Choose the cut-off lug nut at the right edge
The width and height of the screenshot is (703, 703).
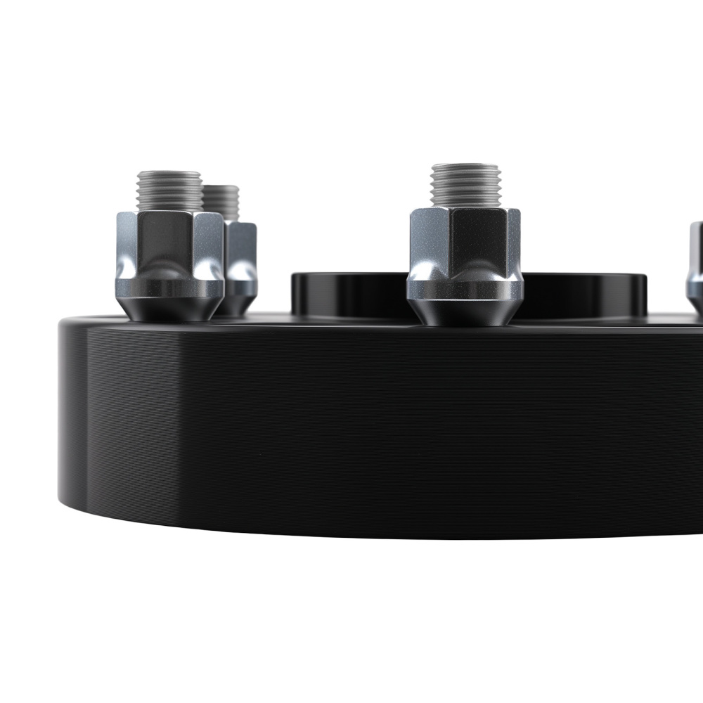tap(695, 267)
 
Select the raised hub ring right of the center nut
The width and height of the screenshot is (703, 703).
tap(583, 295)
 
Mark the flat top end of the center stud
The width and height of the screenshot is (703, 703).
tap(465, 167)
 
